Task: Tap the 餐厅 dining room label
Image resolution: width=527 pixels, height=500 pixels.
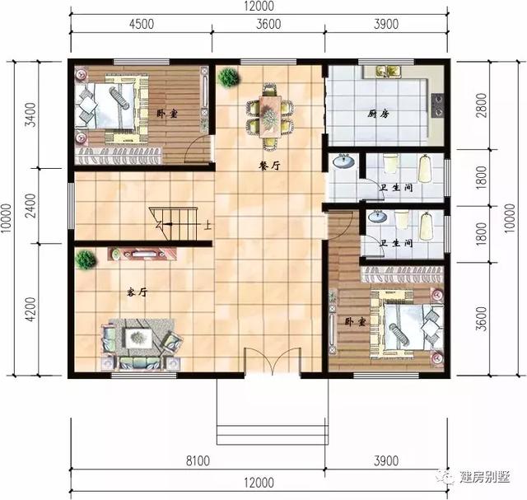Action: pyautogui.click(x=269, y=165)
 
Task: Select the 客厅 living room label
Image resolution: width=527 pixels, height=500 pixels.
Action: pyautogui.click(x=137, y=292)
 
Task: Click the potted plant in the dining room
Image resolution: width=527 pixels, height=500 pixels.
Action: pyautogui.click(x=228, y=77)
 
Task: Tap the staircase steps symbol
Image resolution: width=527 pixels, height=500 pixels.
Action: pyautogui.click(x=175, y=221)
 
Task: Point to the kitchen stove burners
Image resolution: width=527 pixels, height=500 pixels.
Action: pyautogui.click(x=437, y=104)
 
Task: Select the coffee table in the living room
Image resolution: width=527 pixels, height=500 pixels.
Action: pyautogui.click(x=140, y=336)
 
